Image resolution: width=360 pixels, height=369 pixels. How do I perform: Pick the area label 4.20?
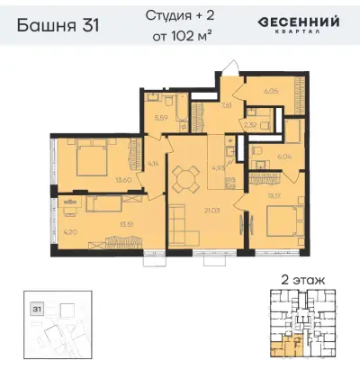pos(69,238)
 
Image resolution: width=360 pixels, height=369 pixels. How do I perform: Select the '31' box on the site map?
pos(37,309)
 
